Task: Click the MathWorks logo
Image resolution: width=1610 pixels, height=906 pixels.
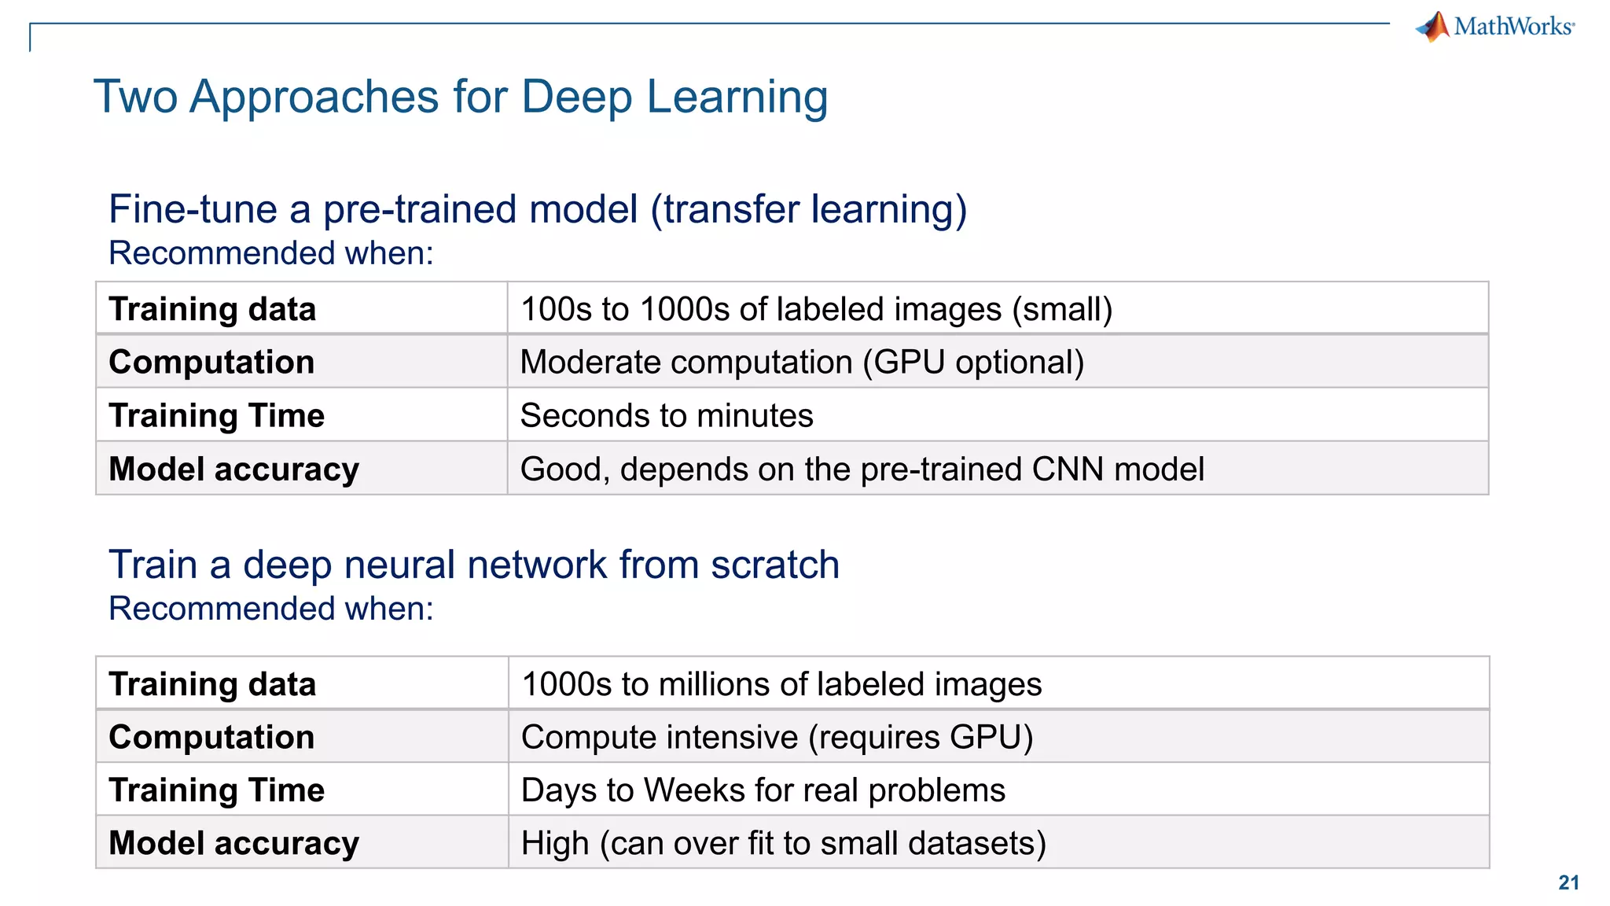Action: tap(1495, 26)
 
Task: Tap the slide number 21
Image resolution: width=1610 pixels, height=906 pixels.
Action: tap(1568, 882)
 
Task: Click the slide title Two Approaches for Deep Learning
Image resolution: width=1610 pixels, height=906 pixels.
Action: tap(461, 97)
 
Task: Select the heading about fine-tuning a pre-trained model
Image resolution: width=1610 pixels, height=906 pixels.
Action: tap(538, 209)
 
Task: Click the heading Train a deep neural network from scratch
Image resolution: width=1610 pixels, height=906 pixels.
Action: tap(474, 565)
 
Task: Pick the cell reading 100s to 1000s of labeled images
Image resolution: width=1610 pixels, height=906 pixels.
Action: tap(816, 309)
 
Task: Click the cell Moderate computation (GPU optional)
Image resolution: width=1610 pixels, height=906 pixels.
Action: tap(802, 362)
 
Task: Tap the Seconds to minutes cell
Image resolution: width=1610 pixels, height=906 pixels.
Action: tap(667, 415)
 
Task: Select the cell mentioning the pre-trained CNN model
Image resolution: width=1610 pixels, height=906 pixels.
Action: tap(862, 469)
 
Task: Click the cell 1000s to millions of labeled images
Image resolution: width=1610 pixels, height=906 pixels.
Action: tap(781, 684)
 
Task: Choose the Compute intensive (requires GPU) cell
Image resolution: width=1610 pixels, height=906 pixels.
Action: tap(777, 737)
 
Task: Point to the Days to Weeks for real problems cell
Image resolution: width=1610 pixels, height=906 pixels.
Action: tap(763, 790)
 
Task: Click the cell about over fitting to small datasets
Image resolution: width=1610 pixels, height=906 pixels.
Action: tap(783, 843)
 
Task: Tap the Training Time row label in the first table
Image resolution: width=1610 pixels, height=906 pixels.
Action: tap(216, 415)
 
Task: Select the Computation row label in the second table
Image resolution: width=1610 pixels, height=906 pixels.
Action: tap(211, 737)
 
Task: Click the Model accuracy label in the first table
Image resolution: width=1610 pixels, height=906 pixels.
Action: tap(233, 469)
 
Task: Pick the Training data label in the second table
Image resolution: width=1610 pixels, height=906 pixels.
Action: tap(212, 684)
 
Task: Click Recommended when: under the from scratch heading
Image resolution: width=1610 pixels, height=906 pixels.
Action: tap(271, 609)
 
